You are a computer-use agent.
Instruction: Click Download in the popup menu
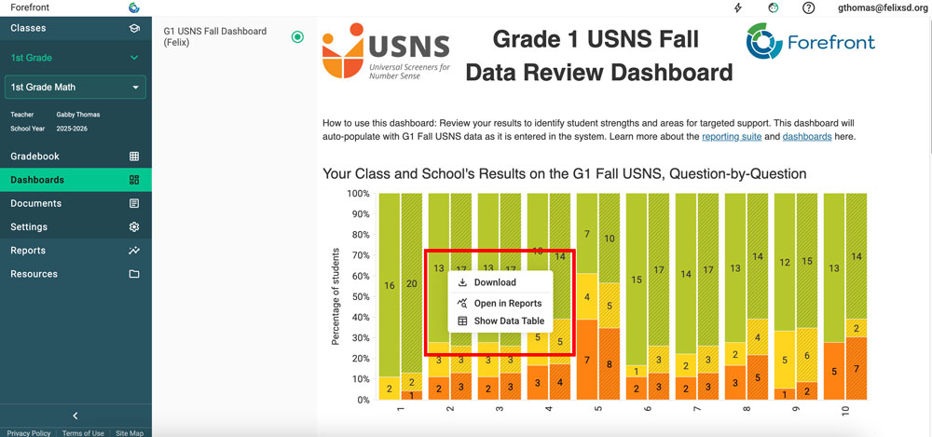[x=494, y=282]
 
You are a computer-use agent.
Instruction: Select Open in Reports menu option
[x=507, y=303]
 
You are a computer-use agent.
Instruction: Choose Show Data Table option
[x=508, y=321]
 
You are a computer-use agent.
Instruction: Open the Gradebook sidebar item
[x=35, y=157]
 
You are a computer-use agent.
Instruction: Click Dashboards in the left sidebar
[x=37, y=180]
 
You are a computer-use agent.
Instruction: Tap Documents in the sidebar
[x=36, y=203]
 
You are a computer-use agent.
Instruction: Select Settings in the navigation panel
[x=29, y=226]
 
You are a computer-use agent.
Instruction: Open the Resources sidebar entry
[x=34, y=274]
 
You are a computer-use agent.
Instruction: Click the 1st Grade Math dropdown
[x=75, y=88]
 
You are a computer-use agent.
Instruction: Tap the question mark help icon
[x=809, y=7]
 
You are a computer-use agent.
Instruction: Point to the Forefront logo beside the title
[x=810, y=43]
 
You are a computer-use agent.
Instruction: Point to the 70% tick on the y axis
[x=358, y=255]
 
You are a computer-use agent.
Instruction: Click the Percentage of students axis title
[x=336, y=296]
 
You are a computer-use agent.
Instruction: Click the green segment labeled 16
[x=389, y=286]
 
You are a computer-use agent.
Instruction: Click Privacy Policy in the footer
[x=28, y=433]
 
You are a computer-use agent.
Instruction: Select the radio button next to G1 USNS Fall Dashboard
[x=297, y=37]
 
